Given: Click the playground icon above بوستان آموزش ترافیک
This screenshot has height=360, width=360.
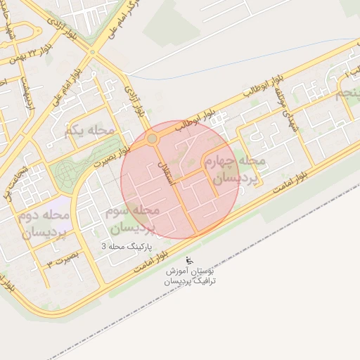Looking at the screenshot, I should [188, 260].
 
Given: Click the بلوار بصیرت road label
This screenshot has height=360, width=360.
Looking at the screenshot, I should [113, 160].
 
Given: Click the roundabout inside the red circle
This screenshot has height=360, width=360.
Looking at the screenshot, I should [152, 139].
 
